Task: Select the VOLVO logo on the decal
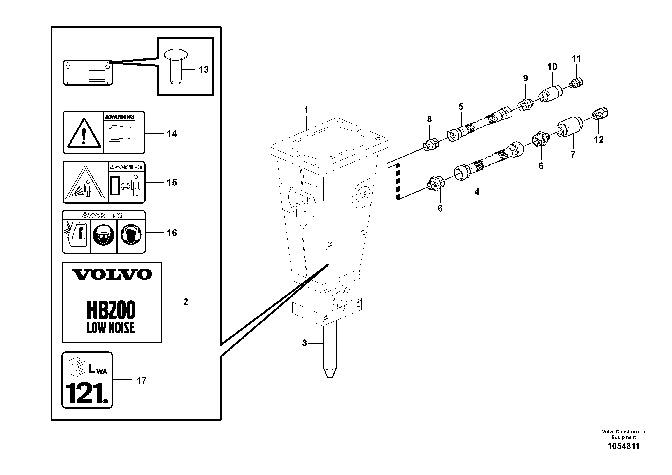coord(112,274)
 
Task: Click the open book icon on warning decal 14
coord(121,134)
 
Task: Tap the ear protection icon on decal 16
coord(131,235)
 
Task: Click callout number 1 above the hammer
coord(306,110)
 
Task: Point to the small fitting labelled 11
coord(577,84)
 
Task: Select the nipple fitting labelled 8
coord(431,145)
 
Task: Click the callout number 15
coord(172,183)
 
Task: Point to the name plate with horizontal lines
coord(88,73)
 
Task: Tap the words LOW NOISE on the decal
coord(111,328)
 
